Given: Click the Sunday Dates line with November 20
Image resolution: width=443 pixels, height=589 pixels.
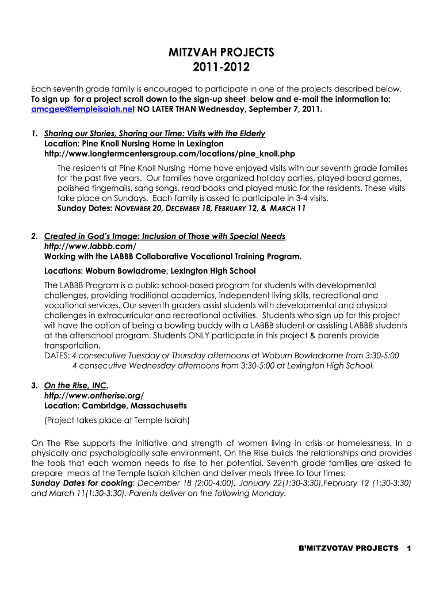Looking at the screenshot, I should (x=181, y=209).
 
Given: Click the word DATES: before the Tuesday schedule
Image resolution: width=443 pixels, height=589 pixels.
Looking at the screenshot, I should (x=56, y=355).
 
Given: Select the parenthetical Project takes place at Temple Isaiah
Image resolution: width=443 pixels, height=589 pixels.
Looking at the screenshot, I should (x=117, y=420).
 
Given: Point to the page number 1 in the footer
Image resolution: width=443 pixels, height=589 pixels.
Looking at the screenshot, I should (x=408, y=548).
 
